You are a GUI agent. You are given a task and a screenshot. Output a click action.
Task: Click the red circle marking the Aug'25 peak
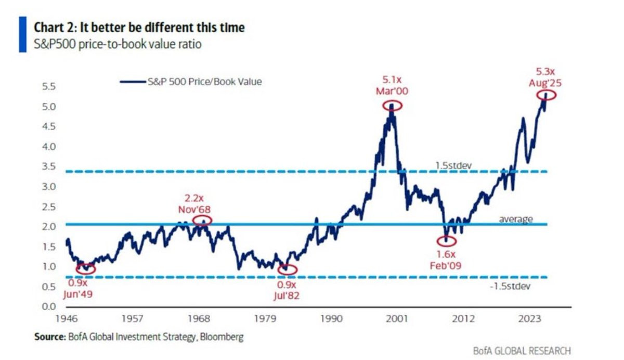(537, 96)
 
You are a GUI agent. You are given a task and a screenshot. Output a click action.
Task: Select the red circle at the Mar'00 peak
(383, 106)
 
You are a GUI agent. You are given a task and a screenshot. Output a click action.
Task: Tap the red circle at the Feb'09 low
(437, 241)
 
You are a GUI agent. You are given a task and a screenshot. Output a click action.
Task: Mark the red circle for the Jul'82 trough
(279, 269)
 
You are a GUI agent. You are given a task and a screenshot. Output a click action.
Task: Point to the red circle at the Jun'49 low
(77, 269)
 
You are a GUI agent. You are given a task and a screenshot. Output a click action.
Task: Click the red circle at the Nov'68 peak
(193, 221)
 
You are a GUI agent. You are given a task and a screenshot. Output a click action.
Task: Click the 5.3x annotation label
(545, 72)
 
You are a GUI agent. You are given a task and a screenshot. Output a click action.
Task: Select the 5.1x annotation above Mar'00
(392, 80)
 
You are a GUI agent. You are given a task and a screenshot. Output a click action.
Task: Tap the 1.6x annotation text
(446, 254)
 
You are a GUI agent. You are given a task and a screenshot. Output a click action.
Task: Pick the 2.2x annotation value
(194, 198)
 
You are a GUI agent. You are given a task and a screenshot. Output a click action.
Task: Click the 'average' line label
(516, 220)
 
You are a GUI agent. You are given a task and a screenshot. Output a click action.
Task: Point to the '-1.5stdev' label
(510, 286)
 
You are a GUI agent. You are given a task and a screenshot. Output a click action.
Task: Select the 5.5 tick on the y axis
(49, 87)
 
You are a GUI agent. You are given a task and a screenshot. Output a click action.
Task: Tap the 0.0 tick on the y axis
(49, 306)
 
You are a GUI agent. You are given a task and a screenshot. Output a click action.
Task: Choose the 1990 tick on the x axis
(331, 318)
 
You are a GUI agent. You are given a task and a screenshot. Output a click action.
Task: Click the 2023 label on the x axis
(529, 318)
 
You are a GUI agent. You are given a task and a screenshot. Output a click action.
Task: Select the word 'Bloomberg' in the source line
(222, 337)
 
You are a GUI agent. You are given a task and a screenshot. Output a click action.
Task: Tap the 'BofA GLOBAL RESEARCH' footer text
(522, 351)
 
